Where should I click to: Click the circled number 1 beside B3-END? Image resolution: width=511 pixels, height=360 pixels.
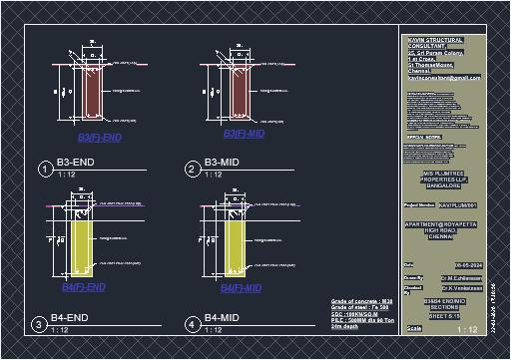(45, 170)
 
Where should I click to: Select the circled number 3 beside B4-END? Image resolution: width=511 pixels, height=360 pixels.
(38, 325)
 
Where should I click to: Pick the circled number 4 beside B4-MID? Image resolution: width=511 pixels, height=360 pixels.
(192, 325)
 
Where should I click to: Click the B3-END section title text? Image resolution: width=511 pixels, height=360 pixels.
(75, 162)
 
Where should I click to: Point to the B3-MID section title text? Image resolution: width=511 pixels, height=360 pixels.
(223, 162)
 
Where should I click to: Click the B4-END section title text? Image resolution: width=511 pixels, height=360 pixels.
(71, 318)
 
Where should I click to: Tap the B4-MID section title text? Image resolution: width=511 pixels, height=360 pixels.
(223, 318)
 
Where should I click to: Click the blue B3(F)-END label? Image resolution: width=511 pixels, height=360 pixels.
(99, 138)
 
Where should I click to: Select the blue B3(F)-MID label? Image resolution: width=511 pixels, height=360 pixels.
(244, 134)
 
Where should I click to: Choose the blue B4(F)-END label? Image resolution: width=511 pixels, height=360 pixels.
(84, 287)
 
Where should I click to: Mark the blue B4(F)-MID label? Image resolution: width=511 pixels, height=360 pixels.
(241, 288)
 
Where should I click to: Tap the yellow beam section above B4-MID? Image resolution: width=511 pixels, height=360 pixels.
(235, 244)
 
